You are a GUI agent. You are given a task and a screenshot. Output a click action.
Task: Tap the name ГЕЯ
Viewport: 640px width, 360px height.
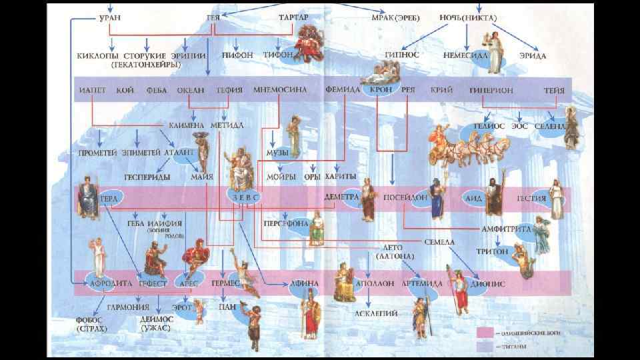pos(214,17)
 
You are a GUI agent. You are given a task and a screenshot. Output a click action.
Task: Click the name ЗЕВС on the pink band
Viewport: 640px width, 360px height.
pos(245,198)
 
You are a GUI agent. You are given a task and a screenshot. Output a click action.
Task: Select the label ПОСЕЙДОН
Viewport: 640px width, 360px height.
pos(405,198)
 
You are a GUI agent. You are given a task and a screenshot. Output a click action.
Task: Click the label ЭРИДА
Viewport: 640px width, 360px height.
pos(533,56)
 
